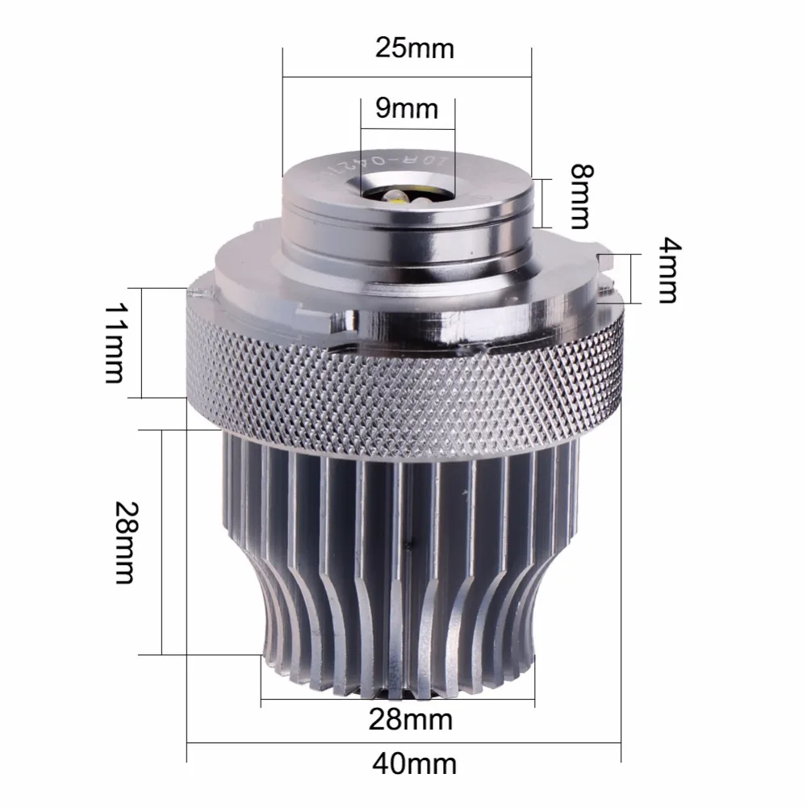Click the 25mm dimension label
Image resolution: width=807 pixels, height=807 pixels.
414,49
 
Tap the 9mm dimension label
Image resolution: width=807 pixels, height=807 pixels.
407,109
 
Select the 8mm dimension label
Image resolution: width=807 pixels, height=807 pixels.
582,197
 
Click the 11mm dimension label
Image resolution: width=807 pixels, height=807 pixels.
115,343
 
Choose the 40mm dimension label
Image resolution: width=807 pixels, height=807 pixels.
414,764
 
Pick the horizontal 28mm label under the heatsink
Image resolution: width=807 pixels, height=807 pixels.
410,720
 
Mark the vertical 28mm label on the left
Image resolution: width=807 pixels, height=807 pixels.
125,542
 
